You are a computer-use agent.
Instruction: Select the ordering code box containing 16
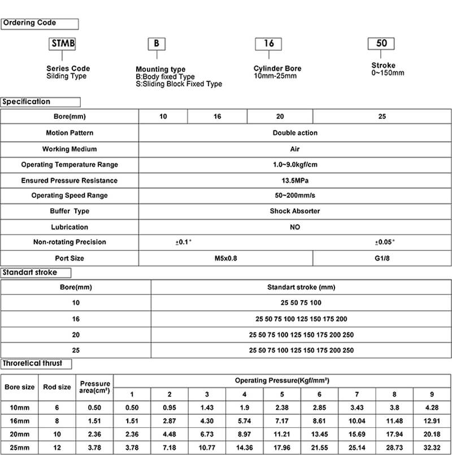click(269, 44)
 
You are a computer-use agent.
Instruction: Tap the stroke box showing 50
click(381, 43)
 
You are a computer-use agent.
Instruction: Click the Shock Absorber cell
click(295, 211)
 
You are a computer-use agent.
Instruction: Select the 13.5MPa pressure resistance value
click(295, 180)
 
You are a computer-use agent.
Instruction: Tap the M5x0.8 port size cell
click(225, 258)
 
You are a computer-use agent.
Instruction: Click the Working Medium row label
click(69, 149)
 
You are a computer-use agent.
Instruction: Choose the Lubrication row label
click(69, 227)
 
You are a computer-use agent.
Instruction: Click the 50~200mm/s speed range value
click(295, 196)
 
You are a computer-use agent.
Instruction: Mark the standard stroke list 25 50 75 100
click(301, 302)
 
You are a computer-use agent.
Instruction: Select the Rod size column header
click(57, 387)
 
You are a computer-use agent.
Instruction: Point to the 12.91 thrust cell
click(432, 421)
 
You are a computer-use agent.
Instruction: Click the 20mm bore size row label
click(19, 435)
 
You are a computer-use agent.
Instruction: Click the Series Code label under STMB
click(68, 68)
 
